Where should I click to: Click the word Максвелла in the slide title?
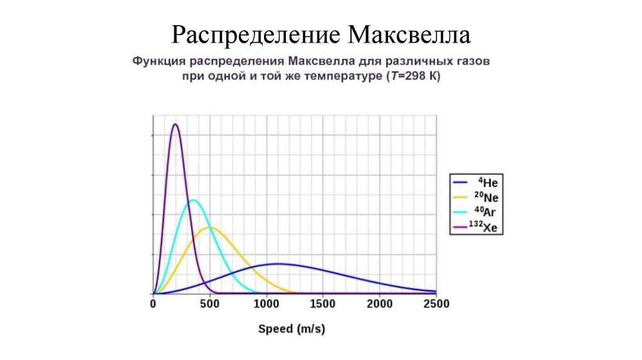pos(409,35)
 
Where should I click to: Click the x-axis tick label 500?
pos(209,304)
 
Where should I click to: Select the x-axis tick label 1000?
pos(266,304)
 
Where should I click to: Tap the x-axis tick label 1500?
pos(323,304)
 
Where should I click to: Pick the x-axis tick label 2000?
pos(379,304)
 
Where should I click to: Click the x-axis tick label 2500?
pos(436,304)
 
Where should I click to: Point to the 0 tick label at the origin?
pos(154,304)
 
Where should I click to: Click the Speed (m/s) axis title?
pos(292,328)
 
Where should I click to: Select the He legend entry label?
pos(488,183)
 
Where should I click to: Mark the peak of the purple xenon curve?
pos(176,124)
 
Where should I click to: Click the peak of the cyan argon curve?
pos(194,200)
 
